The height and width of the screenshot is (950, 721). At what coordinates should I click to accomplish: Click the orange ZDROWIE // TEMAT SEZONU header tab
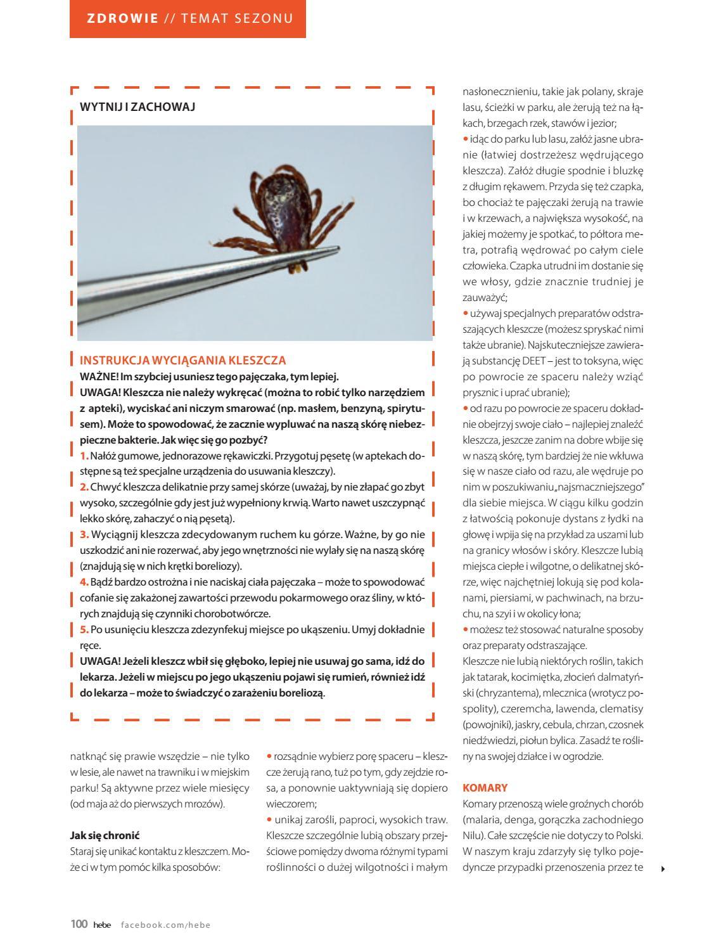pyautogui.click(x=188, y=18)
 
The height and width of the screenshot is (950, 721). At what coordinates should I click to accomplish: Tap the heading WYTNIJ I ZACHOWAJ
pyautogui.click(x=137, y=107)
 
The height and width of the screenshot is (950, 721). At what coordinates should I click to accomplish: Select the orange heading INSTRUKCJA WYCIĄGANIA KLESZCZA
pyautogui.click(x=182, y=361)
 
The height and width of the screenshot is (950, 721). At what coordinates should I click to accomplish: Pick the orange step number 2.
pyautogui.click(x=84, y=487)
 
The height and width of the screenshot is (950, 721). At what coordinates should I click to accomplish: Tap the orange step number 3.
pyautogui.click(x=84, y=535)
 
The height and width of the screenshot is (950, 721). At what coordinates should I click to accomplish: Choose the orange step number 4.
pyautogui.click(x=84, y=582)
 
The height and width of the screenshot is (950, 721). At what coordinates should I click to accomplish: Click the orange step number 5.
pyautogui.click(x=84, y=629)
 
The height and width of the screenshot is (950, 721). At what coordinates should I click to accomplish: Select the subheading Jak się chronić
pyautogui.click(x=105, y=835)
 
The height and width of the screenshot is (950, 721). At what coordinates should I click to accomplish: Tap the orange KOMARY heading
pyautogui.click(x=485, y=788)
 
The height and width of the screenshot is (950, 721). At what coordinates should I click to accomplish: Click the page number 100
pyautogui.click(x=79, y=924)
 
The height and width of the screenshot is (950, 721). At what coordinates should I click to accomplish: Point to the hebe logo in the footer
pyautogui.click(x=102, y=925)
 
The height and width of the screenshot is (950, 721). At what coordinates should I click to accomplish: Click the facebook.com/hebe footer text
pyautogui.click(x=165, y=925)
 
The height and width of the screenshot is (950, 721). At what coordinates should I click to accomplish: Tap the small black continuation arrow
pyautogui.click(x=663, y=868)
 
